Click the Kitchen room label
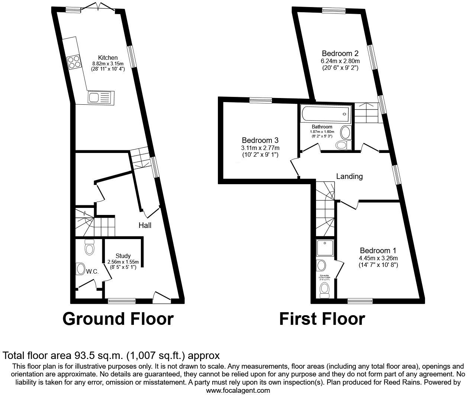(108, 58)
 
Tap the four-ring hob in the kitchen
(74, 62)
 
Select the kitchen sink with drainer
(99, 98)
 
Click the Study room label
(123, 256)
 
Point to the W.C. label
(92, 272)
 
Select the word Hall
(145, 225)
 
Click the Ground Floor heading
(118, 319)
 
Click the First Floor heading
(322, 319)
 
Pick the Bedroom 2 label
(340, 53)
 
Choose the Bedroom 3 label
(260, 140)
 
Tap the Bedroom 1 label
(378, 251)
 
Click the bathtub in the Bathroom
(326, 114)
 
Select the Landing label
(349, 176)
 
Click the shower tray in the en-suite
(325, 248)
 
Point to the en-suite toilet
(325, 289)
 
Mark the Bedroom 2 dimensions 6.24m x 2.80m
(340, 61)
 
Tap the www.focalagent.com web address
(238, 391)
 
